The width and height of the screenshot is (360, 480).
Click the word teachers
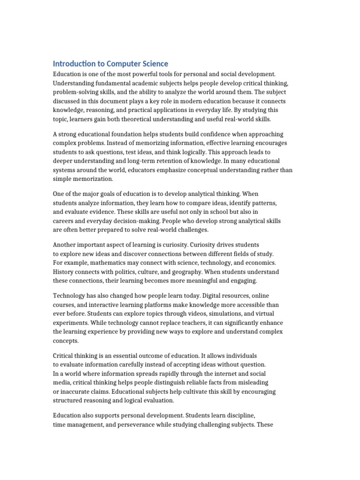pos(200,323)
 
